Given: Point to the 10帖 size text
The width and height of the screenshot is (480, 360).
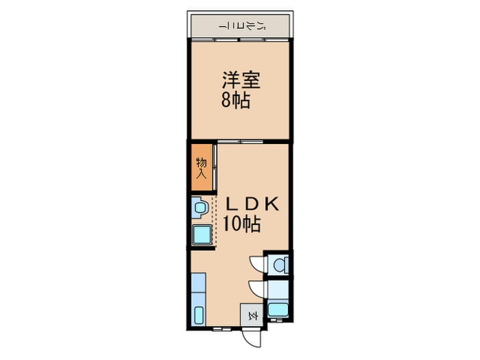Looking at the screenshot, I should (x=241, y=224).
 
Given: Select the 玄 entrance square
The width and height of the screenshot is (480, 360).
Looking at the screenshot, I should (x=251, y=316).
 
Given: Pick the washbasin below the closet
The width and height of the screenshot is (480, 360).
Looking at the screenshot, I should (x=200, y=206).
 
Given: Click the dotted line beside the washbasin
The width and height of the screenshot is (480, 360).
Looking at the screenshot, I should (x=216, y=219).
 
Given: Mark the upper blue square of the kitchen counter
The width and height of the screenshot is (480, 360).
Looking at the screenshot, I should (x=199, y=283).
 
